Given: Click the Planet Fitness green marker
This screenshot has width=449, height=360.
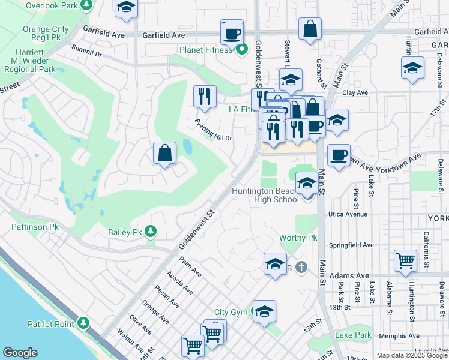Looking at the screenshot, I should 242,50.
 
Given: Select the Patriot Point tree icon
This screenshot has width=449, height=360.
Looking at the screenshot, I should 83,324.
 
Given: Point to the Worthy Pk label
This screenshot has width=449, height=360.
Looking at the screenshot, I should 298,238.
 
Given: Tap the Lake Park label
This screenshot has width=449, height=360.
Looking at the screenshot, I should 354,335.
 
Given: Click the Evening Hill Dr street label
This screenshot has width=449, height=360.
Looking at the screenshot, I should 214,130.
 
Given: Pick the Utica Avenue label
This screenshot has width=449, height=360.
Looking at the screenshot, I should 348,214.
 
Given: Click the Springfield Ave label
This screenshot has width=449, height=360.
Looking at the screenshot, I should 351,245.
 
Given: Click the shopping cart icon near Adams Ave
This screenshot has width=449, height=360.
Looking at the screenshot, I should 406,260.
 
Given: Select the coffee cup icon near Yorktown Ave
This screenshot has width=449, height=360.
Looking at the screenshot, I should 339,155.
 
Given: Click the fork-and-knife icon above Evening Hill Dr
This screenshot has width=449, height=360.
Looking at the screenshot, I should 205,96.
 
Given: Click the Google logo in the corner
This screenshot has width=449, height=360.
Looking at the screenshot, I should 20,353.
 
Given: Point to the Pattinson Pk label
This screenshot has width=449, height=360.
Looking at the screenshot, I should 34,227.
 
